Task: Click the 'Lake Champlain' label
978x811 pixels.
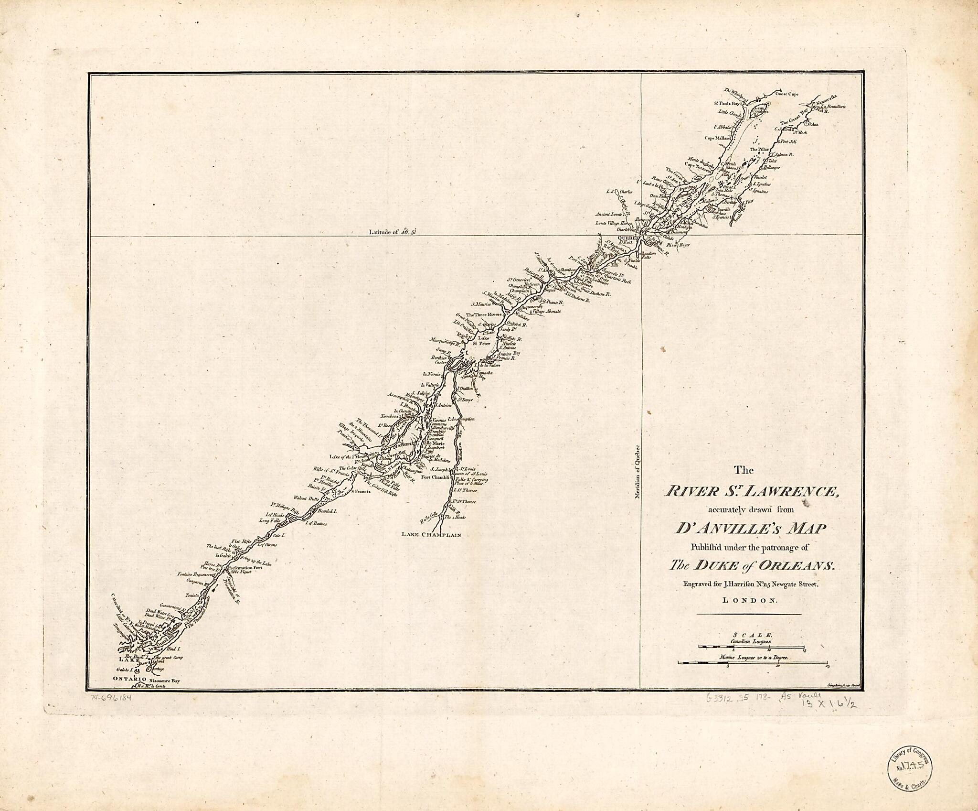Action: coord(432,535)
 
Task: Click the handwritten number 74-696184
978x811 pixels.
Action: coord(110,698)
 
